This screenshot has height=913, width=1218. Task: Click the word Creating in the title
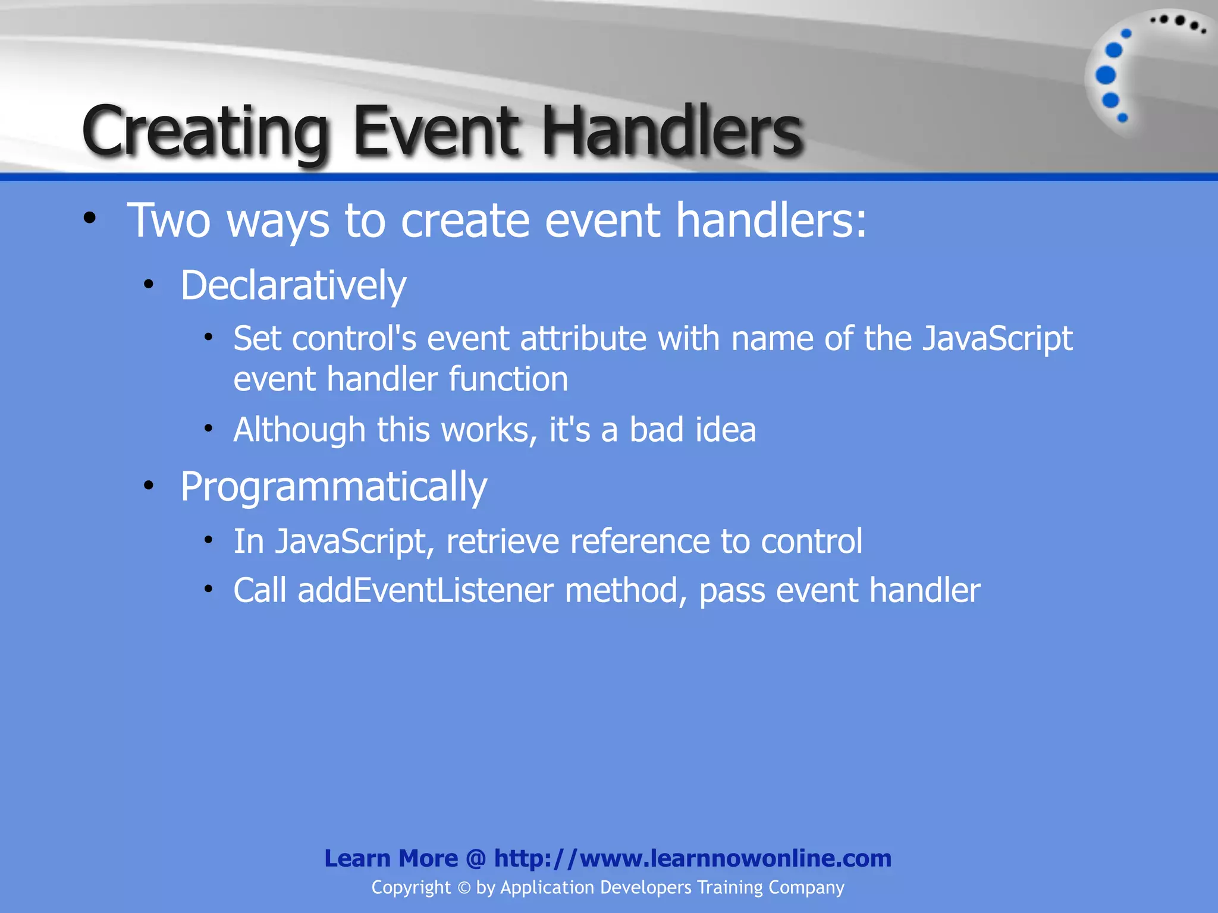[205, 132]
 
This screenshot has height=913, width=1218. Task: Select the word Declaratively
[293, 286]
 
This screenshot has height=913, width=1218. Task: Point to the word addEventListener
[425, 591]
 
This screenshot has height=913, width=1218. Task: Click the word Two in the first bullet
[169, 221]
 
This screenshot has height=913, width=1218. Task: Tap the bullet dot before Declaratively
[149, 285]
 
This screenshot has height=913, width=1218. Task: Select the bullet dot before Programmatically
[149, 486]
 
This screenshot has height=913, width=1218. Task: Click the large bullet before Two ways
[90, 218]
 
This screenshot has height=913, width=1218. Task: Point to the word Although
[299, 430]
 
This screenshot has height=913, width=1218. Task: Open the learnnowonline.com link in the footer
[692, 858]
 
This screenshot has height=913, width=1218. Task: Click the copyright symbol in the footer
[464, 888]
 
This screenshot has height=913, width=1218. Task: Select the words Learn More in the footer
[391, 858]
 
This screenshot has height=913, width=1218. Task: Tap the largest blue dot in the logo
[1106, 75]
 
